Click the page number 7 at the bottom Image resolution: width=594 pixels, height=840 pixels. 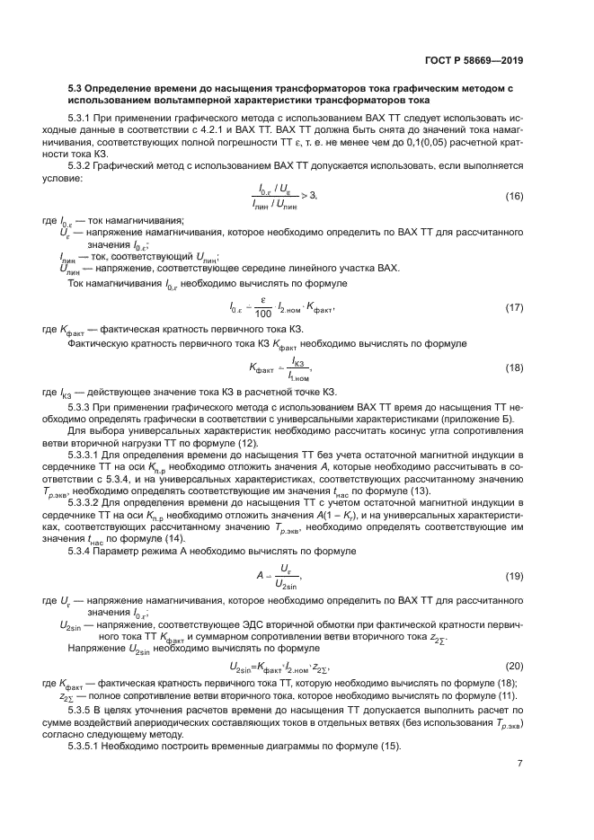[520, 765]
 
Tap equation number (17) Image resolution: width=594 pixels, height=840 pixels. [513, 308]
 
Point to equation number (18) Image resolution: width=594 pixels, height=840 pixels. [513, 367]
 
